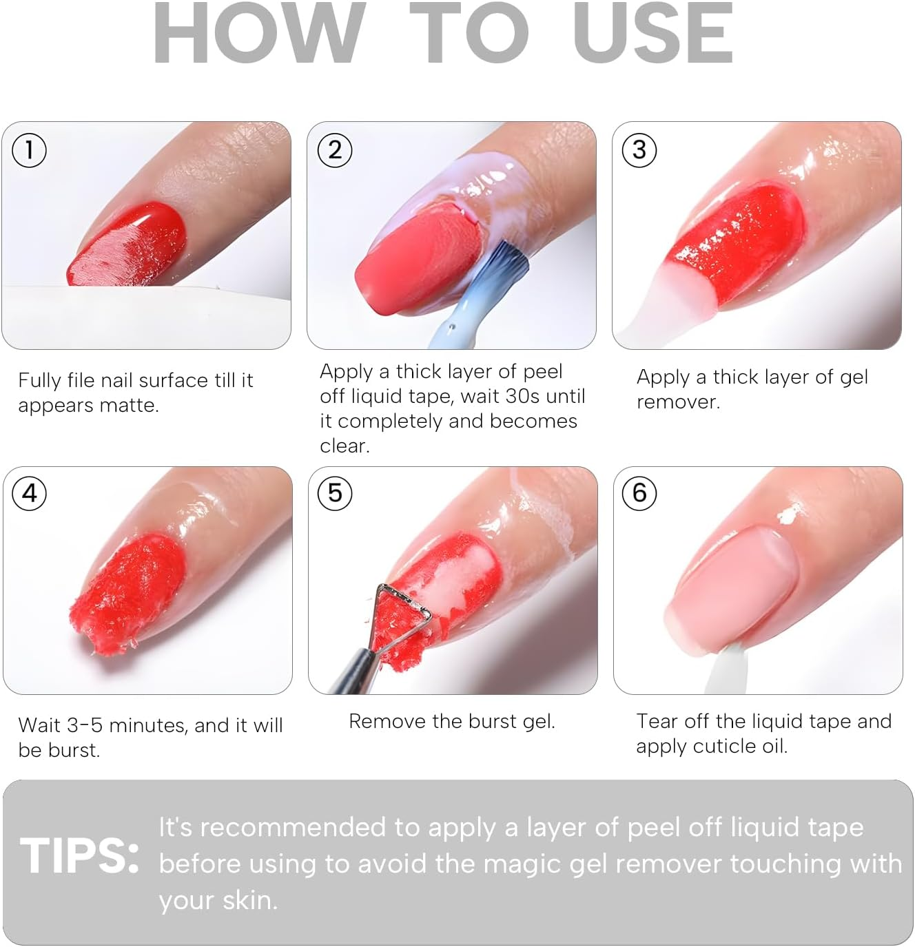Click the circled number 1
point(29,150)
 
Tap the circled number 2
point(335,150)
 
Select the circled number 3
point(639,150)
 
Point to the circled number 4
point(30,493)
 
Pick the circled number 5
point(335,493)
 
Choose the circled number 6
point(639,493)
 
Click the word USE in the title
point(652,34)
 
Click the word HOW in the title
point(258,34)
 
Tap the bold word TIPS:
point(79,856)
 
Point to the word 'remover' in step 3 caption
point(677,402)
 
